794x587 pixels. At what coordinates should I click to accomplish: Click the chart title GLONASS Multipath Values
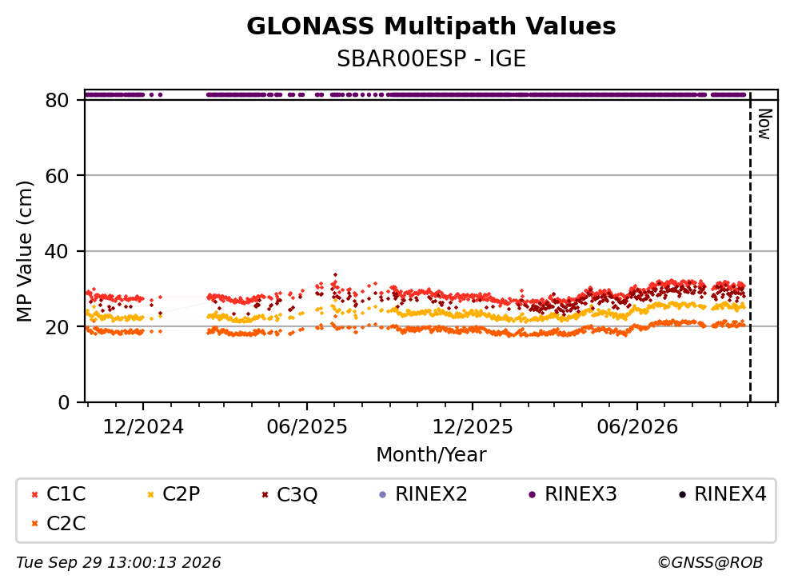point(431,26)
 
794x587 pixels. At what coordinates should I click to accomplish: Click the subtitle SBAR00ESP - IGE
point(431,58)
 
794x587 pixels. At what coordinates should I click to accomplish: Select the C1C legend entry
point(58,493)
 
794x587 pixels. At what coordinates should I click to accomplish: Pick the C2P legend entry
point(174,493)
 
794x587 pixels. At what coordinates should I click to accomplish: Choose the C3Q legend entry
point(289,494)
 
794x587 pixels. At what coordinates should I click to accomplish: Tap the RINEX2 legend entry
point(423,493)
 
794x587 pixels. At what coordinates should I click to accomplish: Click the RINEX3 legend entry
point(573,493)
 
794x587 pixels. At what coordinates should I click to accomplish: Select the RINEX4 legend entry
point(723,493)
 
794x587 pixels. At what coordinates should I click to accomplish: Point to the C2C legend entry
point(58,523)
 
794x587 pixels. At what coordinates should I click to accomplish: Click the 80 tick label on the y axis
point(58,100)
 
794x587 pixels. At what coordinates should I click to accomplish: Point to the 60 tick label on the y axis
point(58,176)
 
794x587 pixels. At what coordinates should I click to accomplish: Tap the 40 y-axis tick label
point(58,251)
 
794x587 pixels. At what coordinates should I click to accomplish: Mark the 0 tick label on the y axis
point(64,402)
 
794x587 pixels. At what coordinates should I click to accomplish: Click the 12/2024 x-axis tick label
point(143,427)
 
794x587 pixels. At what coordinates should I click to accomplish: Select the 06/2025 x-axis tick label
point(307,427)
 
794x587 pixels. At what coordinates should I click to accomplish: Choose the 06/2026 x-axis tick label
point(637,427)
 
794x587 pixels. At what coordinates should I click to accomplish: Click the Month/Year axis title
point(431,454)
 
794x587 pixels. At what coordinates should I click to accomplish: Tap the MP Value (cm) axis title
point(25,251)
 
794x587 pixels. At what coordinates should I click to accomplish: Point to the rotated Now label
point(764,124)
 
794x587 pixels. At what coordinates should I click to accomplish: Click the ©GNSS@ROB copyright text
point(710,562)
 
